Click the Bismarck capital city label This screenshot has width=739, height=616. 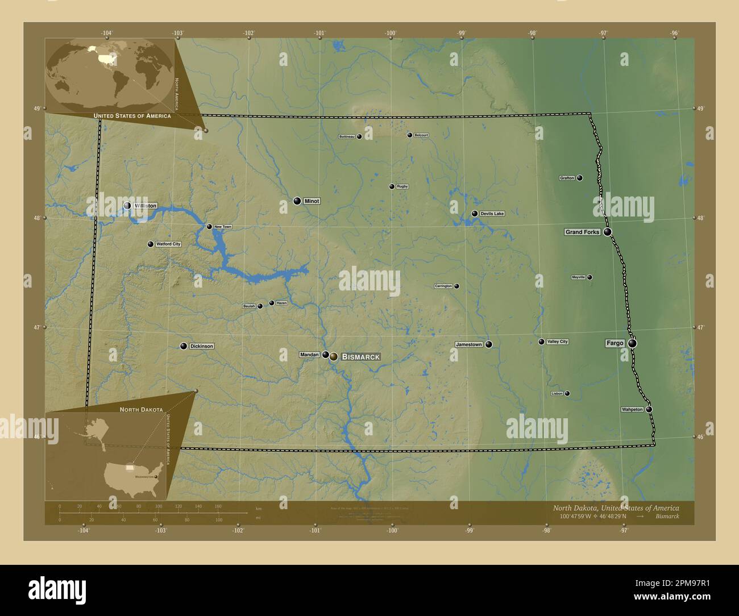point(361,357)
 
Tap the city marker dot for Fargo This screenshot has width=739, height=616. point(632,343)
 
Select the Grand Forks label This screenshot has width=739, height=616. point(583,232)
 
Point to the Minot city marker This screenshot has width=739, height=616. point(297,201)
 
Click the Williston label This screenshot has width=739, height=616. point(146,206)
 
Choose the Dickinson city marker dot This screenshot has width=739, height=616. point(184,346)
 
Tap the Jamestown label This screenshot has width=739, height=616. point(469,344)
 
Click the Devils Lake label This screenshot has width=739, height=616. point(492,214)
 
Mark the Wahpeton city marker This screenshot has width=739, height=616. point(649,409)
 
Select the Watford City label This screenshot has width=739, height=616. point(168,244)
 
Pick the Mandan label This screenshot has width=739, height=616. point(310,355)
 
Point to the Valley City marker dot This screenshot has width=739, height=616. point(541,342)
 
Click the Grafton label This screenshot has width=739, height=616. point(567,178)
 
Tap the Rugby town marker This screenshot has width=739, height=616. point(392,186)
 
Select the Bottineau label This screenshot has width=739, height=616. point(347,136)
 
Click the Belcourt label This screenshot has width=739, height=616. point(421,135)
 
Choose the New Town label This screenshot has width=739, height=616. point(223,227)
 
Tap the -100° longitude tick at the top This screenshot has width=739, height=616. point(391,33)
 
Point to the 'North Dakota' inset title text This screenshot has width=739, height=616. point(141,409)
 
